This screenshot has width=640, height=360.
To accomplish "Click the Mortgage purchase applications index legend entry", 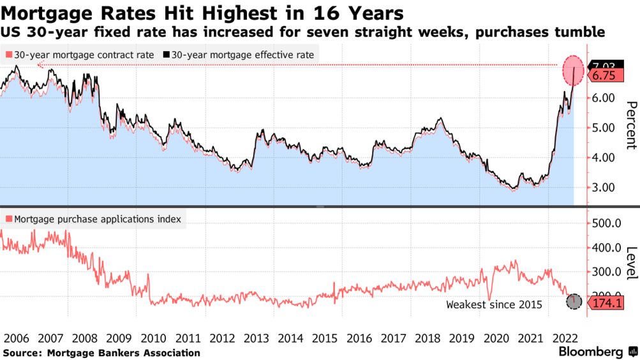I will (94, 219).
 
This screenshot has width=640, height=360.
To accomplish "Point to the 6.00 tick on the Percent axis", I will (603, 98).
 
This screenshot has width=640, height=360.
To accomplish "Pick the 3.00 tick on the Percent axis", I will (603, 188).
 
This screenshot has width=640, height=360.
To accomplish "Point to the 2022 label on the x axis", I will (567, 338).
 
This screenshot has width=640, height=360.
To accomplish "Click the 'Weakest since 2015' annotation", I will (494, 304).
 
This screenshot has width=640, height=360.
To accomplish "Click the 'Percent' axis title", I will (630, 125).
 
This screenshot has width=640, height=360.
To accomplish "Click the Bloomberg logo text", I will (591, 352).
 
